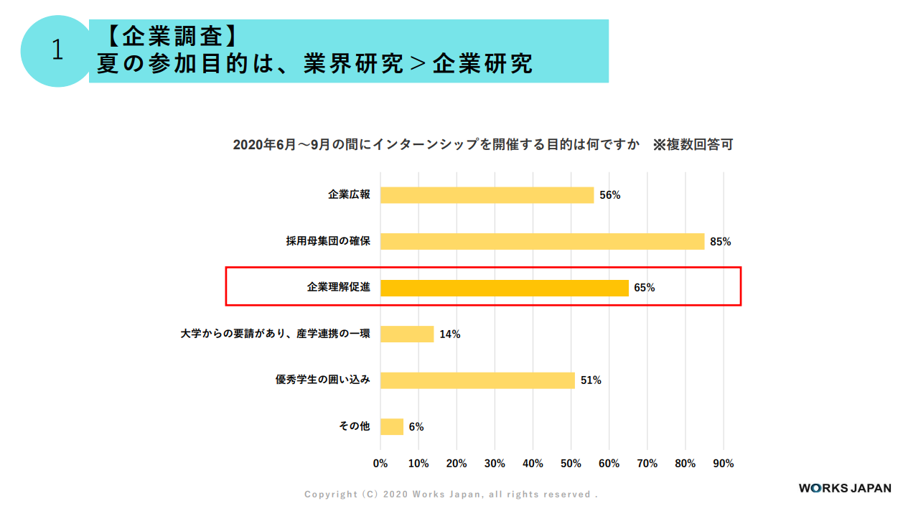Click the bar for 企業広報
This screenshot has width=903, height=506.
pyautogui.click(x=487, y=195)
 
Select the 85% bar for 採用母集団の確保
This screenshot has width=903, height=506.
pyautogui.click(x=542, y=241)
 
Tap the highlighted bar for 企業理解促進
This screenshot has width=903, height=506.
pyautogui.click(x=504, y=288)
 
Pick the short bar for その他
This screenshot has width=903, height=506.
pyautogui.click(x=392, y=426)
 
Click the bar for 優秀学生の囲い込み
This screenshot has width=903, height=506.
pyautogui.click(x=477, y=380)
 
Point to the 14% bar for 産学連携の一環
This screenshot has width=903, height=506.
pyautogui.click(x=407, y=334)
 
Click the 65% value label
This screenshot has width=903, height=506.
pyautogui.click(x=644, y=288)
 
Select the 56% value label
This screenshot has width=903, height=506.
pyautogui.click(x=610, y=195)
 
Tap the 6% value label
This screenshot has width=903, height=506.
pyautogui.click(x=416, y=427)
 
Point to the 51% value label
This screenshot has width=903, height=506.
pyautogui.click(x=591, y=380)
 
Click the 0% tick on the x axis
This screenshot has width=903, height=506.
pyautogui.click(x=380, y=464)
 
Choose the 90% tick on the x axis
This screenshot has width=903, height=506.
pyautogui.click(x=724, y=464)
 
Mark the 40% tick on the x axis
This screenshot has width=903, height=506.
pyautogui.click(x=533, y=464)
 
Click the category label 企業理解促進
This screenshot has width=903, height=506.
pyautogui.click(x=339, y=288)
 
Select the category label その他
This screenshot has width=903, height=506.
pyautogui.click(x=355, y=426)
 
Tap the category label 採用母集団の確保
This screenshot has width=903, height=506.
pyautogui.click(x=328, y=241)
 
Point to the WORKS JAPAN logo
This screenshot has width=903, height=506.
pyautogui.click(x=845, y=488)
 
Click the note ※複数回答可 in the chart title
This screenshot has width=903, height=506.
pyautogui.click(x=692, y=144)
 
